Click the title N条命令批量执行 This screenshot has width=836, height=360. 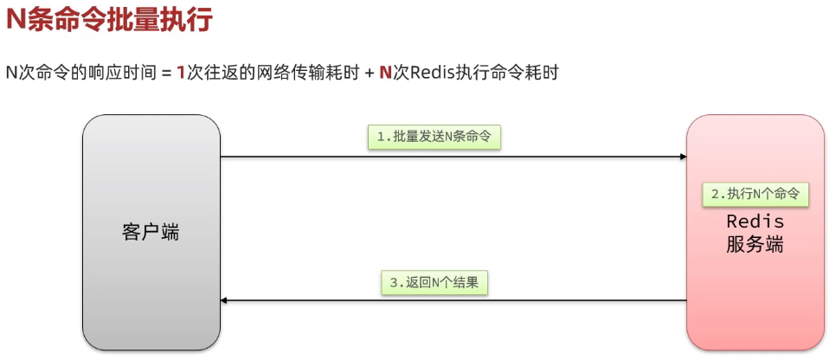pyautogui.click(x=109, y=21)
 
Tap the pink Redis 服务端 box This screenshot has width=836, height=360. pyautogui.click(x=755, y=294)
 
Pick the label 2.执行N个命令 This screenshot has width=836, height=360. pyautogui.click(x=755, y=194)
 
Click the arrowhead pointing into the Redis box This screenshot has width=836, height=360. pyautogui.click(x=682, y=157)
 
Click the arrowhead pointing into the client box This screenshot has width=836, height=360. pyautogui.click(x=225, y=300)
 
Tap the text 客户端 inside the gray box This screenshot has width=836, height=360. pyautogui.click(x=151, y=232)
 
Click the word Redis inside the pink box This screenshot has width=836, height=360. pyautogui.click(x=755, y=222)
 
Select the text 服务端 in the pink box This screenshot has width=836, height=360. pyautogui.click(x=755, y=244)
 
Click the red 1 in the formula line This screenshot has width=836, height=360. pyautogui.click(x=181, y=74)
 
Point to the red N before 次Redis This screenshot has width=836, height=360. pyautogui.click(x=385, y=74)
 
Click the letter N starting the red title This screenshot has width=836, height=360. pyautogui.click(x=16, y=21)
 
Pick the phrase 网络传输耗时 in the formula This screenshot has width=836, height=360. pyautogui.click(x=315, y=74)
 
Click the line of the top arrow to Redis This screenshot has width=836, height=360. pyautogui.click(x=450, y=157)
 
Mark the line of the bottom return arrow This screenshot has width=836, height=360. pyautogui.click(x=450, y=300)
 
